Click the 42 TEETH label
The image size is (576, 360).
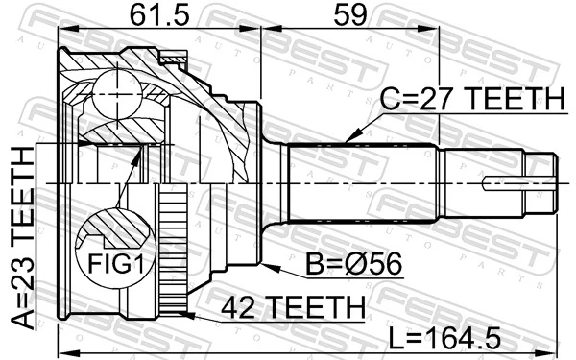293,307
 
